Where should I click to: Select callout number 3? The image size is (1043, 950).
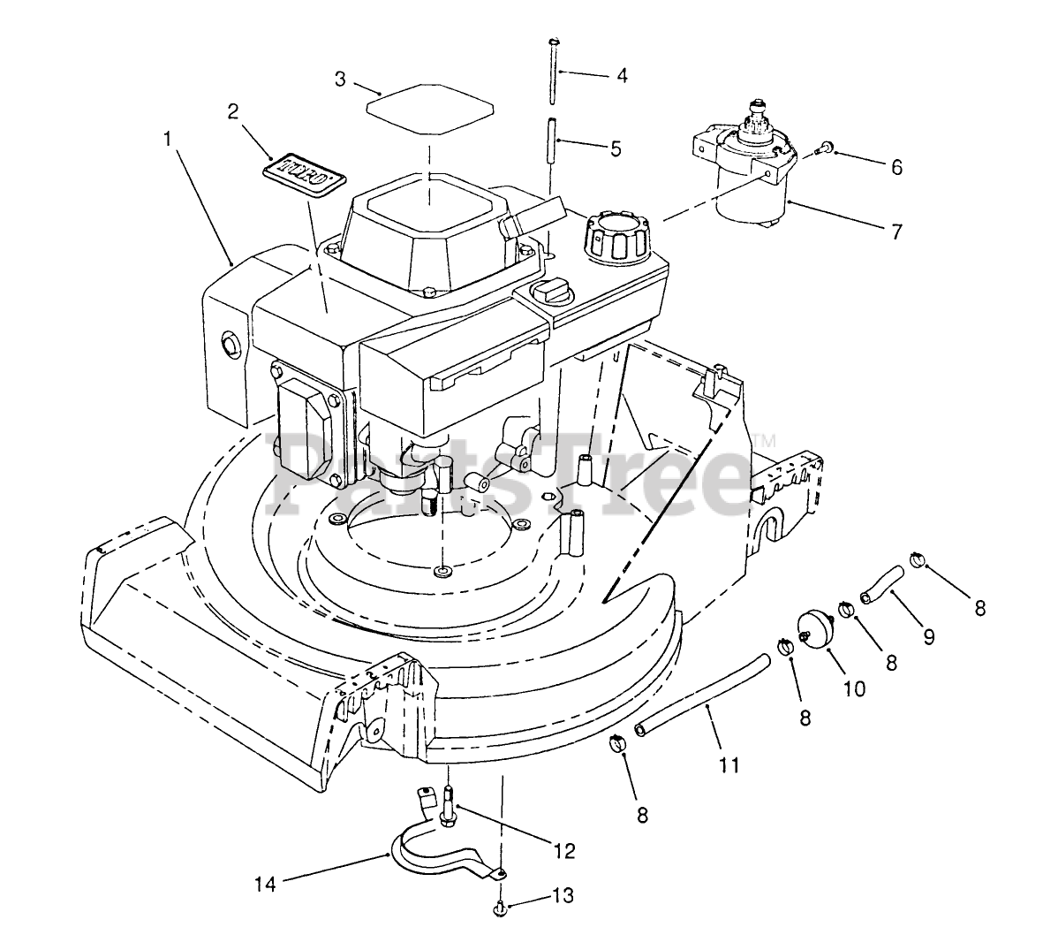(x=340, y=79)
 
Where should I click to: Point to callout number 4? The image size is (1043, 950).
(x=622, y=76)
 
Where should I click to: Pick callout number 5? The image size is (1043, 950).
(x=616, y=148)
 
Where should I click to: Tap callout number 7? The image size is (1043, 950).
(x=896, y=232)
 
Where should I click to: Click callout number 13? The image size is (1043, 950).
(x=563, y=895)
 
